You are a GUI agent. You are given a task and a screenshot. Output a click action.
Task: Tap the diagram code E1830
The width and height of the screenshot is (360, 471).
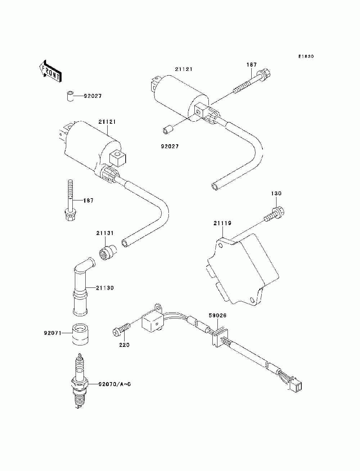[x=306, y=56]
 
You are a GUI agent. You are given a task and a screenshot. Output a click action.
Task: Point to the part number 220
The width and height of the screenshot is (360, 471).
[x=124, y=345]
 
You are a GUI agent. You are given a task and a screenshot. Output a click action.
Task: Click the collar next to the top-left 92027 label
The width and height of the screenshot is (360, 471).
[x=69, y=96]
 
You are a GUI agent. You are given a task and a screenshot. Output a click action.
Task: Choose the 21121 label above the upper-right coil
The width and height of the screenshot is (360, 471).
[x=184, y=69]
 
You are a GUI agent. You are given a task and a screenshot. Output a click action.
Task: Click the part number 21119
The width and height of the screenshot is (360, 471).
[x=222, y=223]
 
